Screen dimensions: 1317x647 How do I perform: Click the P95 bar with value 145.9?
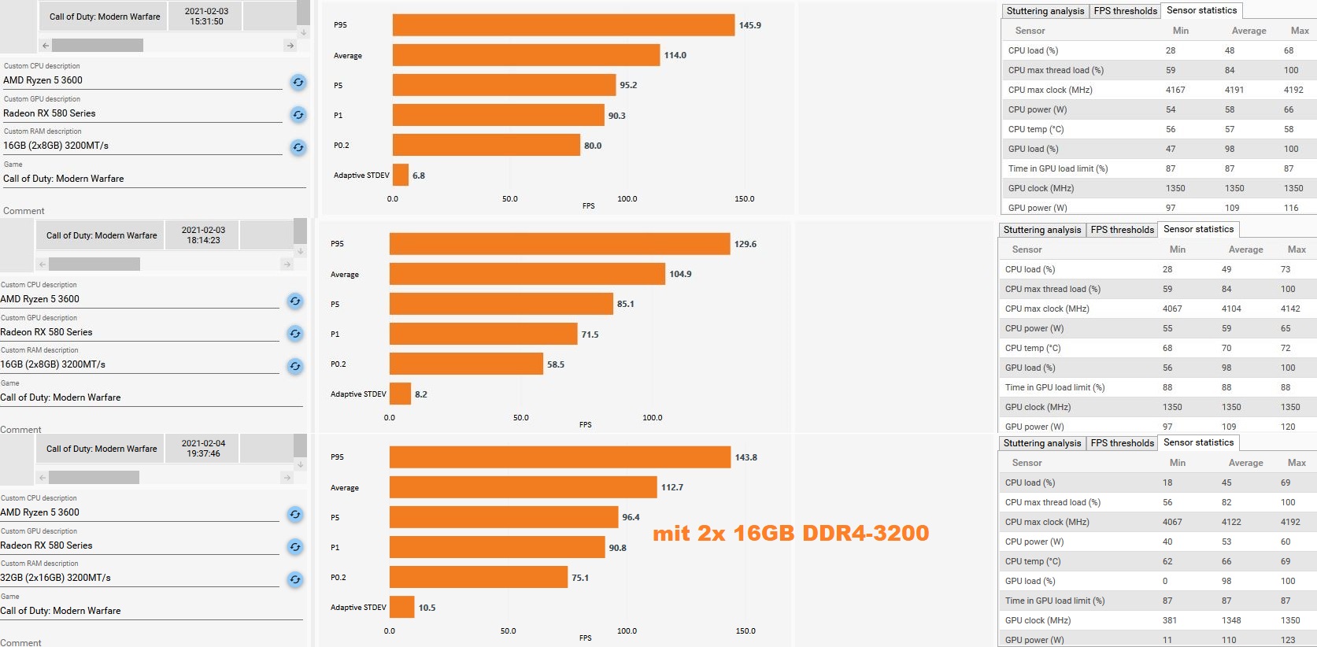(564, 25)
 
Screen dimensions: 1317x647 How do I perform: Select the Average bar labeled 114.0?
(526, 55)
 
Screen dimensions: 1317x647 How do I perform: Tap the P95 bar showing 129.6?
(560, 244)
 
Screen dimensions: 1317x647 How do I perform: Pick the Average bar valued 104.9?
(527, 274)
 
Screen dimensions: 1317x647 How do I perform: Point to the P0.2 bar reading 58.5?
(466, 364)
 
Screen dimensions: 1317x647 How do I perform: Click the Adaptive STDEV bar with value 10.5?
(402, 607)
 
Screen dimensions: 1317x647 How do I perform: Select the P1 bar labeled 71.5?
(483, 334)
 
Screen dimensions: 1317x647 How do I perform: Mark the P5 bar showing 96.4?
(504, 517)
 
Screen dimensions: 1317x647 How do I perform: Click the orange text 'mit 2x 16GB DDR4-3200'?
(791, 533)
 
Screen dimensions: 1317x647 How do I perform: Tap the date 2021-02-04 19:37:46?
(203, 449)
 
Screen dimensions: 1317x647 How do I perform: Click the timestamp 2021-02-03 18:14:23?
(203, 235)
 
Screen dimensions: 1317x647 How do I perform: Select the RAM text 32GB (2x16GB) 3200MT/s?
(55, 578)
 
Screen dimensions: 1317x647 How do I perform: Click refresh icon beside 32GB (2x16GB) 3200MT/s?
(295, 579)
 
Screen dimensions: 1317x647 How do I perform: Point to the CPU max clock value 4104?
(1231, 309)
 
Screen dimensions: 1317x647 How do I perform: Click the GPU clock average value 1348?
(1231, 620)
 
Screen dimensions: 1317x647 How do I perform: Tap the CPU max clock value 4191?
(1234, 90)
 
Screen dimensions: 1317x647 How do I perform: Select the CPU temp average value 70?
(1226, 348)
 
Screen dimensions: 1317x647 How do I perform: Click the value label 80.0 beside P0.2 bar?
(593, 146)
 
